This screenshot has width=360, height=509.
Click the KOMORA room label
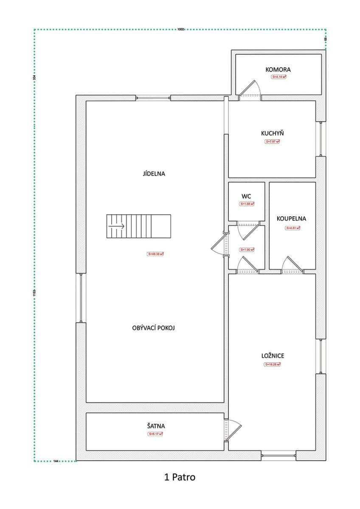coord(278,70)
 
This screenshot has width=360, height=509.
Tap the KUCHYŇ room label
coord(273,133)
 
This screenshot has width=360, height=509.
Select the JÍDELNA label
coord(154,173)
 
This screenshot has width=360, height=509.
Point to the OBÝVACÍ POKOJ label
coord(154,328)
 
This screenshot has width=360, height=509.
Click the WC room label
coord(246,196)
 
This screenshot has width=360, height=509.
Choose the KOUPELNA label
coord(291,219)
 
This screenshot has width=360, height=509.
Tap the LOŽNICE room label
coord(273,356)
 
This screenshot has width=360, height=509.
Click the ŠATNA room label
coord(155,426)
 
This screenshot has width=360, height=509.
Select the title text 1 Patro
coord(180,477)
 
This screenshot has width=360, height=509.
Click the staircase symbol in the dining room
coord(138,227)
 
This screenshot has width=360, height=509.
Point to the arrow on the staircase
coord(116,227)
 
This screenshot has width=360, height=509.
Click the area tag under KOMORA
coord(278,77)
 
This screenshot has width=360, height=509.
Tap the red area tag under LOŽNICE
coord(273,364)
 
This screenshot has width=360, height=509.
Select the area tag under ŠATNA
coord(155,434)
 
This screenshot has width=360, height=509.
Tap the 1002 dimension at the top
coord(180,29)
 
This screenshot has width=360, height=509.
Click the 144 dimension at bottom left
coord(56,460)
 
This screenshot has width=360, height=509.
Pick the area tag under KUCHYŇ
coord(273,141)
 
